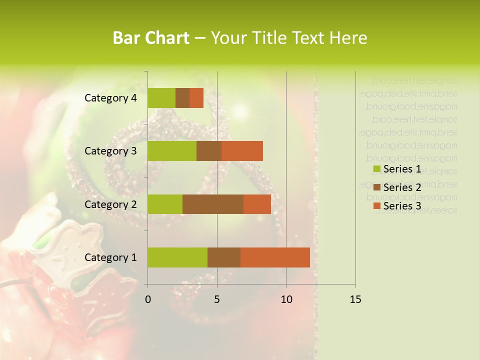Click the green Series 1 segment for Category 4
point(161,98)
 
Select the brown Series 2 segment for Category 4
point(182,98)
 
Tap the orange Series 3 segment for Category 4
point(196,98)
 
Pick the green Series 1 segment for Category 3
point(172,151)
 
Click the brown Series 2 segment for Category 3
point(209,151)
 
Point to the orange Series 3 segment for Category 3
point(242,151)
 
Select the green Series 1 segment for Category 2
point(165,204)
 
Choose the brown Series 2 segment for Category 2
point(213,204)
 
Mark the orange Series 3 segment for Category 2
point(257,204)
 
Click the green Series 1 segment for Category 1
point(177,257)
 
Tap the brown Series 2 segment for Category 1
point(224,257)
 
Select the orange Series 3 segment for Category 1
point(275,257)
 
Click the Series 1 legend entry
point(397,169)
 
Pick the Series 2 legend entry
point(397,187)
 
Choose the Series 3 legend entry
point(397,205)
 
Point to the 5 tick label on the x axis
point(217,300)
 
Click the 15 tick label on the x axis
point(355,300)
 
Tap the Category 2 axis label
point(110,204)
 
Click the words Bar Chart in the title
point(151,38)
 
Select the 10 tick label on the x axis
point(286,300)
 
